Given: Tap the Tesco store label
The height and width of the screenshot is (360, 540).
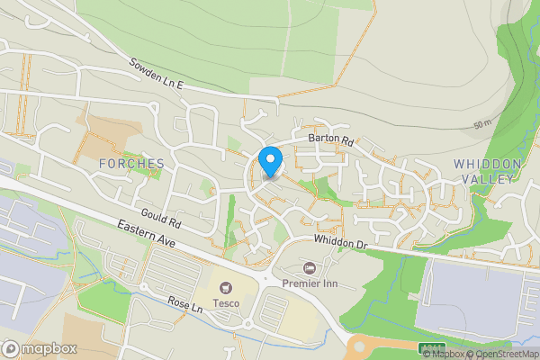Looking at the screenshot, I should tap(225, 302).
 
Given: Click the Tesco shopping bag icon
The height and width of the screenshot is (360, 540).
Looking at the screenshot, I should tap(225, 288).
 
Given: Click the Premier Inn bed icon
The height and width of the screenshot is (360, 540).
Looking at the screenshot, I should tap(310, 268).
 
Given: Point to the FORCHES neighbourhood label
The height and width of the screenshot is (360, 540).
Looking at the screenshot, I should tap(133, 164).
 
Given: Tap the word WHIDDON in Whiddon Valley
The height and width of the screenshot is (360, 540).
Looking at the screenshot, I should tap(487, 163).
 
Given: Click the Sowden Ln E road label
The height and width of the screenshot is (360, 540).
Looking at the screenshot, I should tap(156, 75).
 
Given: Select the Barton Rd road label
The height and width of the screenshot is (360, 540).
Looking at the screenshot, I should tap(331, 139).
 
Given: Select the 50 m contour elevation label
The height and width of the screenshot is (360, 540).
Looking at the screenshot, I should tap(481, 123).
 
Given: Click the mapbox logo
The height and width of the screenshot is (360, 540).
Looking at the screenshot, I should tap(38, 348).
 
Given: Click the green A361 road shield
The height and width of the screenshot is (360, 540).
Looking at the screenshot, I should tap(431, 347).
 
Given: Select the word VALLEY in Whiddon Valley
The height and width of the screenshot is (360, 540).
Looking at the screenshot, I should tap(487, 178).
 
